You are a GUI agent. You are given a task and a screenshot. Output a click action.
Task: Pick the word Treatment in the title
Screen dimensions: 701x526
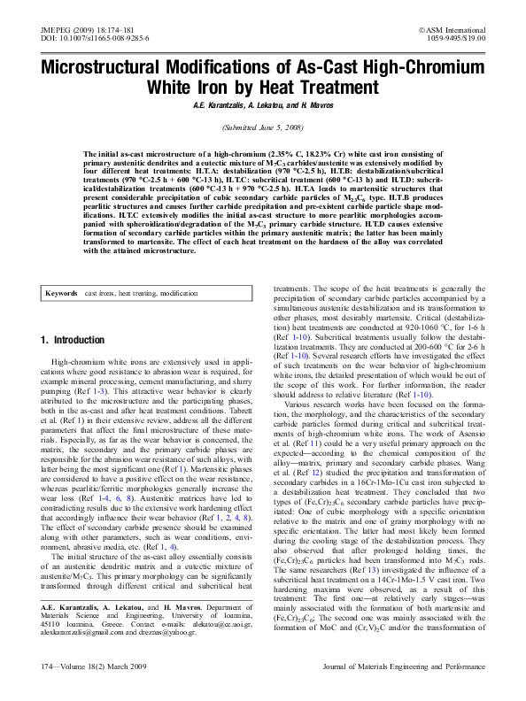(x=339, y=88)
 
